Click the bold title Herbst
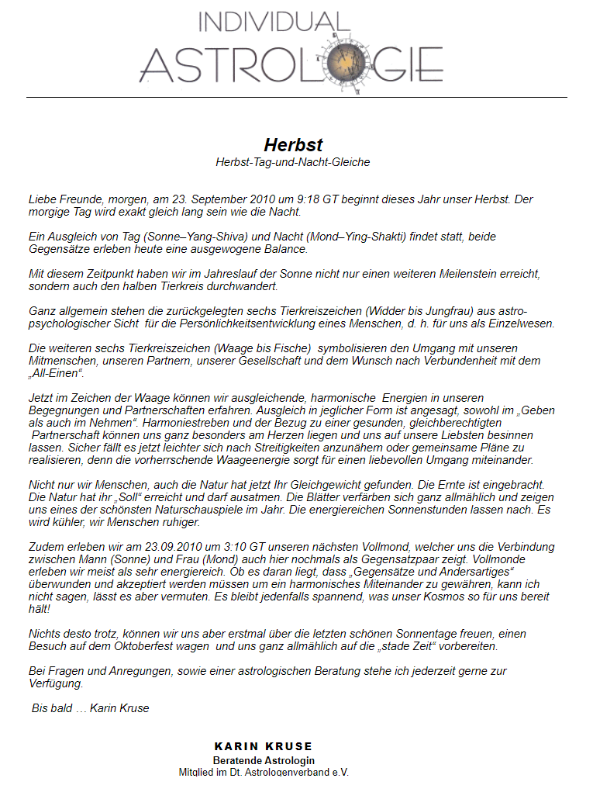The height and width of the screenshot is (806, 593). coord(293,145)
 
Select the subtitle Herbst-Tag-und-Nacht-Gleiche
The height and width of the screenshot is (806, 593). coord(293,162)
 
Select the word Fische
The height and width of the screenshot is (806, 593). coord(290,348)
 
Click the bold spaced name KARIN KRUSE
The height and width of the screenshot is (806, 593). coord(264,746)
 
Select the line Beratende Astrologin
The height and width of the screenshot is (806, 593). coord(264,761)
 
